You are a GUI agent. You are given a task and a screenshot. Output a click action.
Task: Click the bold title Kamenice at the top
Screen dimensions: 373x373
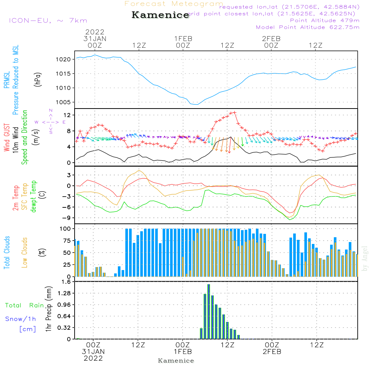click(x=160, y=15)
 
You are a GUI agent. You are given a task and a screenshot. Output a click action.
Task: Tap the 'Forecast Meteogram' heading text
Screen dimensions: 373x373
click(x=174, y=4)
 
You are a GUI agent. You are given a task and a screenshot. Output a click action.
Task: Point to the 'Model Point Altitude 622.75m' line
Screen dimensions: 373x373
click(x=308, y=27)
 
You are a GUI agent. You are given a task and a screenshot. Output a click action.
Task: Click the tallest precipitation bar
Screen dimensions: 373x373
click(x=209, y=311)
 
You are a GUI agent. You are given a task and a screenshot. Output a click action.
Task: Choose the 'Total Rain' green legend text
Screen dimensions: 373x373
click(x=24, y=305)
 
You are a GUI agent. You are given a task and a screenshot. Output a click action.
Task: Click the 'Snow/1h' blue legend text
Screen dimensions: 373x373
click(x=21, y=319)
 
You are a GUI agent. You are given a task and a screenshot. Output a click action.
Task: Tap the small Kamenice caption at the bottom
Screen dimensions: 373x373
click(x=176, y=361)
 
